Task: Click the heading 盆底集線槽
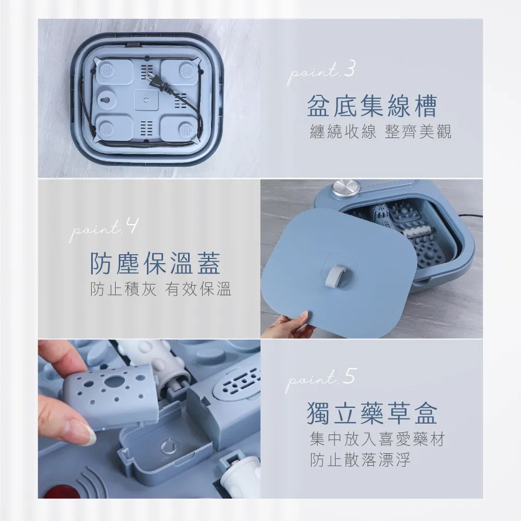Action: (372, 106)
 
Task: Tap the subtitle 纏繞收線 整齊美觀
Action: (380, 132)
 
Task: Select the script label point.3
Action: (321, 72)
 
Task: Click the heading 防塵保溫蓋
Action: (156, 264)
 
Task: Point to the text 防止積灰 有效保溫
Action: (161, 290)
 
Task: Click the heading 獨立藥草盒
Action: (372, 413)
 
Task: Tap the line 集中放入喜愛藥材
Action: (377, 439)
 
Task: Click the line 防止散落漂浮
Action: (360, 461)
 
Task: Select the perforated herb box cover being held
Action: (112, 396)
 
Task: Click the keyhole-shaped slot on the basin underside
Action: (107, 100)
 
